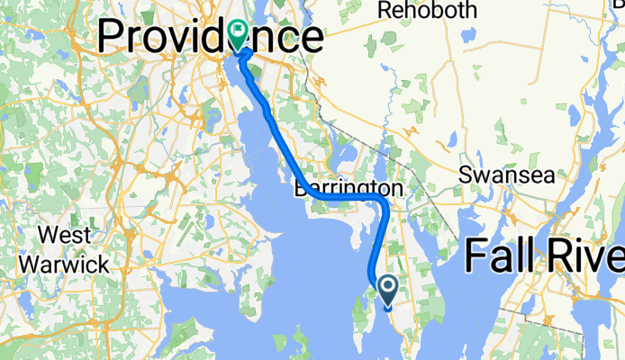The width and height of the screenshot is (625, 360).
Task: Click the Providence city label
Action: (x=209, y=38)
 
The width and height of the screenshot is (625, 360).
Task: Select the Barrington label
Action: (x=348, y=189)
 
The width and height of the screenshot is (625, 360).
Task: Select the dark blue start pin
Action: (x=388, y=290)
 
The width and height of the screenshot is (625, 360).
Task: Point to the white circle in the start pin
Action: (x=388, y=287)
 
